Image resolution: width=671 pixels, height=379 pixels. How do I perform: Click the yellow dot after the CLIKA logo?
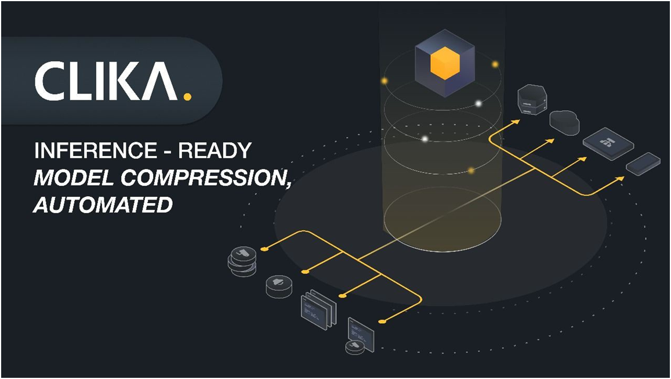(x=187, y=96)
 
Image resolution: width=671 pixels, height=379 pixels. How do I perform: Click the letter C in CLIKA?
(x=49, y=81)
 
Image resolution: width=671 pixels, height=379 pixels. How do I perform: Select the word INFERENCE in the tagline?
(x=96, y=151)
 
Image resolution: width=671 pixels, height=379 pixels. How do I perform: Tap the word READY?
(x=215, y=151)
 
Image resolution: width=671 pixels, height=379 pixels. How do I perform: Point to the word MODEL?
(x=74, y=178)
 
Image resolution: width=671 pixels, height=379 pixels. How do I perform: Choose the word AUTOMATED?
(x=103, y=205)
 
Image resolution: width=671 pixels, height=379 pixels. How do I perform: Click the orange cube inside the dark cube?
(x=445, y=63)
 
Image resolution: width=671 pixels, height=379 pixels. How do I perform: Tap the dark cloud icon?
(x=564, y=122)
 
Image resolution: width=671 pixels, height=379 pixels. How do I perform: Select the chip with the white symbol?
(x=608, y=143)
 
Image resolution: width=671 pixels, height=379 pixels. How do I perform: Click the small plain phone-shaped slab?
(x=643, y=164)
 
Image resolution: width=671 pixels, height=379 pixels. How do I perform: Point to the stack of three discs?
(x=242, y=261)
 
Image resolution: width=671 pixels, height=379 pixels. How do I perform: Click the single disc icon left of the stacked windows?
(x=279, y=287)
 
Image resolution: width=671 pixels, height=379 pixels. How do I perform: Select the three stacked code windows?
(x=319, y=309)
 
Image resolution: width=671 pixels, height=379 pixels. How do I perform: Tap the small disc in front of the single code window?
(x=355, y=346)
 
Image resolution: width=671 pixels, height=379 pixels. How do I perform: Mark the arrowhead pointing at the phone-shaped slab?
(x=619, y=179)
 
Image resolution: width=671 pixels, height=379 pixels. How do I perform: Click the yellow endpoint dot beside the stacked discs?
(x=264, y=249)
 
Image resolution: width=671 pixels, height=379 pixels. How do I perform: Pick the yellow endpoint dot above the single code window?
(x=382, y=321)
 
